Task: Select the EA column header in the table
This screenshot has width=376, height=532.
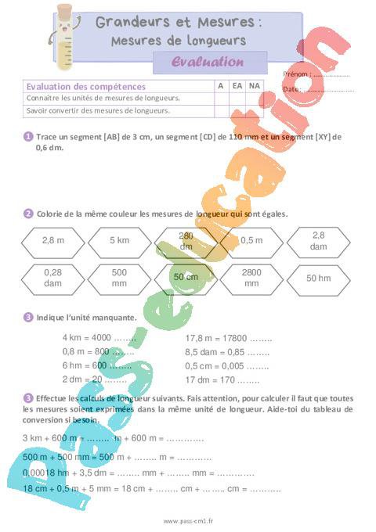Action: coord(236,86)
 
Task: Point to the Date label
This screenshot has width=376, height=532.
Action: coord(291,89)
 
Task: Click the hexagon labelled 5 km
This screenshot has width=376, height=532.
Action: coord(119,240)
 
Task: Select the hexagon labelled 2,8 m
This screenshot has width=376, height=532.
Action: coord(52,240)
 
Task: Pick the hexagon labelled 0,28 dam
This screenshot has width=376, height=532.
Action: coord(52,277)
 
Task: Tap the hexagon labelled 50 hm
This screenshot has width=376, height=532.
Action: coord(318,278)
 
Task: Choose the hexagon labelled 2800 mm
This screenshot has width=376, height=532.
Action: coord(251,278)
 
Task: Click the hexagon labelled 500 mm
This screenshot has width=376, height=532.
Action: coord(119,277)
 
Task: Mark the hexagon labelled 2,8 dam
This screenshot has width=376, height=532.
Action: coord(318,240)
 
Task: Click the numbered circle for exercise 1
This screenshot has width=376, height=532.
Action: coord(28,136)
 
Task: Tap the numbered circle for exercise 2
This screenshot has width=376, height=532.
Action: coord(28,213)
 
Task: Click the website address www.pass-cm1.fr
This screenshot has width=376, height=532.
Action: coord(188,520)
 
